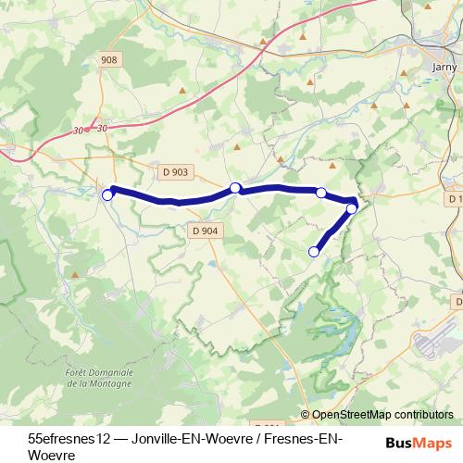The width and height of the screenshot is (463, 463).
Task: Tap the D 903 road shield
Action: click(x=174, y=171)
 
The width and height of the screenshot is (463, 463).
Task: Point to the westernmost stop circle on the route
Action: click(x=107, y=194)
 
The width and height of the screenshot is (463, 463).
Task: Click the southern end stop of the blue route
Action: click(x=314, y=251)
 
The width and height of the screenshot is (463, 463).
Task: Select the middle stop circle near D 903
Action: click(x=235, y=188)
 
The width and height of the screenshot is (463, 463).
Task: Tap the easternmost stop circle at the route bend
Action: click(x=352, y=208)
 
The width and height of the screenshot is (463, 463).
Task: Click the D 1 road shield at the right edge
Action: click(x=455, y=199)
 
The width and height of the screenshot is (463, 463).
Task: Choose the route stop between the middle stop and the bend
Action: click(x=321, y=193)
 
